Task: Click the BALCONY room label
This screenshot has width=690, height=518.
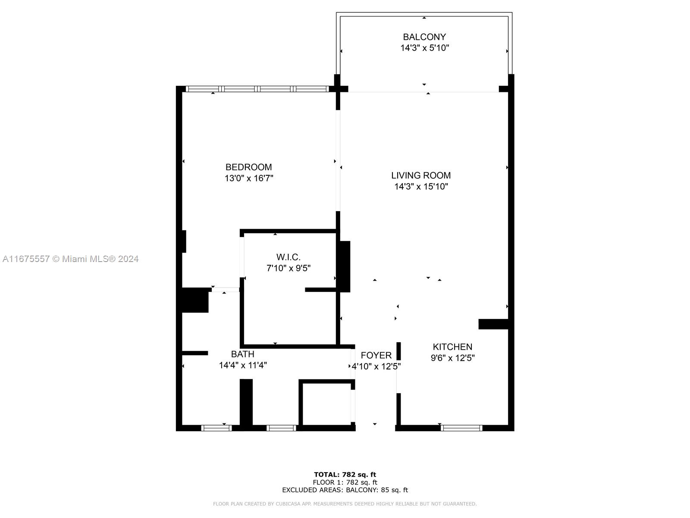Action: [424, 37]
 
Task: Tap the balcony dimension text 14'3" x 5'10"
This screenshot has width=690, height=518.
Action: [424, 48]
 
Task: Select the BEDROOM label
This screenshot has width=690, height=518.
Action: [248, 167]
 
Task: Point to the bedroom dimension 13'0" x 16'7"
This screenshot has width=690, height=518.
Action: [249, 178]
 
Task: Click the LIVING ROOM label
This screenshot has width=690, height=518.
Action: [421, 176]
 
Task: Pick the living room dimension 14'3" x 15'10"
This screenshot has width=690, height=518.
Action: [421, 186]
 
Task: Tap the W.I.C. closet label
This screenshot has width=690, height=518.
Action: [288, 257]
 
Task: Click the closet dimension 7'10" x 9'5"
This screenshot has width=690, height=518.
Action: [288, 268]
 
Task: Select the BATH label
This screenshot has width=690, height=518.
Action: [242, 354]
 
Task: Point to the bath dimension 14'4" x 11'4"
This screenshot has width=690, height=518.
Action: [243, 365]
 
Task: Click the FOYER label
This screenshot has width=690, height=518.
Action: [376, 355]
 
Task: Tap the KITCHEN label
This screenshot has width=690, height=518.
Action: [452, 347]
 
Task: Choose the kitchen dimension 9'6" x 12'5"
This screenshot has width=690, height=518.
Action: [452, 358]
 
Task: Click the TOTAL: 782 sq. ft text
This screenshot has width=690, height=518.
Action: [345, 474]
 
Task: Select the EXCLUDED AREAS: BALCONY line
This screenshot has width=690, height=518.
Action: [345, 490]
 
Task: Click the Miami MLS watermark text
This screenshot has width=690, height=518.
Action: [70, 259]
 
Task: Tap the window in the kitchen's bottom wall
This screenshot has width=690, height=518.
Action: [461, 428]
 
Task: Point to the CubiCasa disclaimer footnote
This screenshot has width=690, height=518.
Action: [345, 503]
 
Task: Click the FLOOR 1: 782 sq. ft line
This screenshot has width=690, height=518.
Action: [345, 482]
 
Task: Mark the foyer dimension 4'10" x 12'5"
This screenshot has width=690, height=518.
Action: [376, 366]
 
